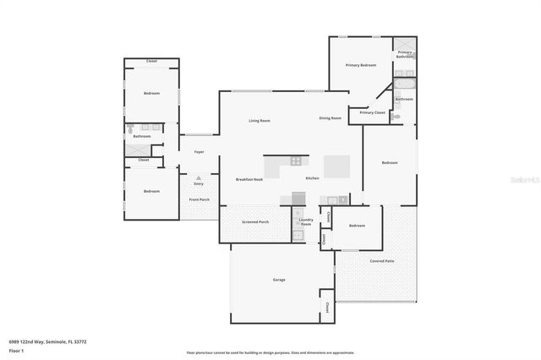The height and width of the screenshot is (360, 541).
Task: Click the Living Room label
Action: pyautogui.click(x=259, y=121)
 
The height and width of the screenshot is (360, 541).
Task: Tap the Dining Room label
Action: pyautogui.click(x=330, y=118)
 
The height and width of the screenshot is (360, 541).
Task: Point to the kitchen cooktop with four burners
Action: pyautogui.click(x=296, y=160)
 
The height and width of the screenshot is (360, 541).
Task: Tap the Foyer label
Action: pyautogui.click(x=199, y=152)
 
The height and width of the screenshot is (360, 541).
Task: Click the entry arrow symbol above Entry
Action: pyautogui.click(x=199, y=177)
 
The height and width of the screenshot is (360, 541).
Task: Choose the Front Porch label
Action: pyautogui.click(x=199, y=199)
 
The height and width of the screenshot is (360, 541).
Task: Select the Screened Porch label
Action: pyautogui.click(x=256, y=222)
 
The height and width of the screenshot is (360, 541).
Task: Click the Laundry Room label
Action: pyautogui.click(x=305, y=221)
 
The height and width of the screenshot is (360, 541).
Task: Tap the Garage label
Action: pyautogui.click(x=279, y=280)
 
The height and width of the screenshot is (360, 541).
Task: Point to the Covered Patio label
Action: pyautogui.click(x=381, y=261)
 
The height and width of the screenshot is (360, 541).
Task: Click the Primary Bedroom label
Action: pyautogui.click(x=360, y=65)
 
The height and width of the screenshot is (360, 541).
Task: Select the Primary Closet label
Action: pyautogui.click(x=372, y=112)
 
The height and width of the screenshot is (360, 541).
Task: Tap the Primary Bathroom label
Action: pyautogui.click(x=406, y=54)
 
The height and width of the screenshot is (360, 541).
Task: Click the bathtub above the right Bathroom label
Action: pyautogui.click(x=404, y=85)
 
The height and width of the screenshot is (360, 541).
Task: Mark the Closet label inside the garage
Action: pyautogui.click(x=325, y=305)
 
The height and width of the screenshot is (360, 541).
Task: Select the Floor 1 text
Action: pyautogui.click(x=16, y=350)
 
